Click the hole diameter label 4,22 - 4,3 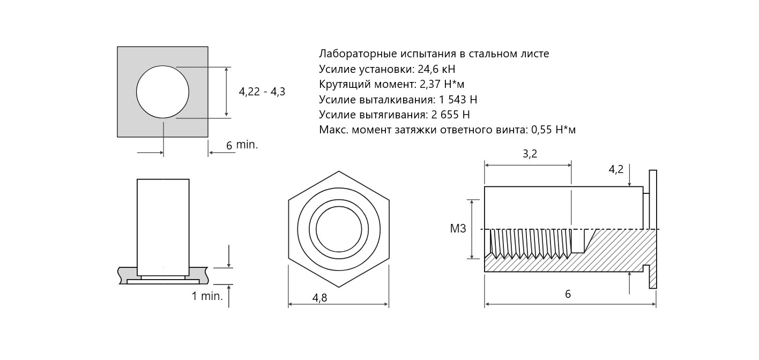pos(262,92)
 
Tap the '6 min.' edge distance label pos(242,145)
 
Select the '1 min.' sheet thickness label pos(207,296)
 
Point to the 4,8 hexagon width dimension pos(319,298)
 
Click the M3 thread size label pos(458,229)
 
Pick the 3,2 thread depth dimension pos(530,154)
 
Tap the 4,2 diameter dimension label pos(616,170)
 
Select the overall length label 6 pos(568,294)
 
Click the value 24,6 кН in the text pos(436,70)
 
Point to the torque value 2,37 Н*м pos(442,84)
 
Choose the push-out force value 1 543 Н pos(458,100)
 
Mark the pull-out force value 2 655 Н pos(451,115)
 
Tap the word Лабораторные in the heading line pos(358,54)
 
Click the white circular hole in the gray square pos(162,92)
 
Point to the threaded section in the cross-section pos(531,244)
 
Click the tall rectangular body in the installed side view pos(163,227)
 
